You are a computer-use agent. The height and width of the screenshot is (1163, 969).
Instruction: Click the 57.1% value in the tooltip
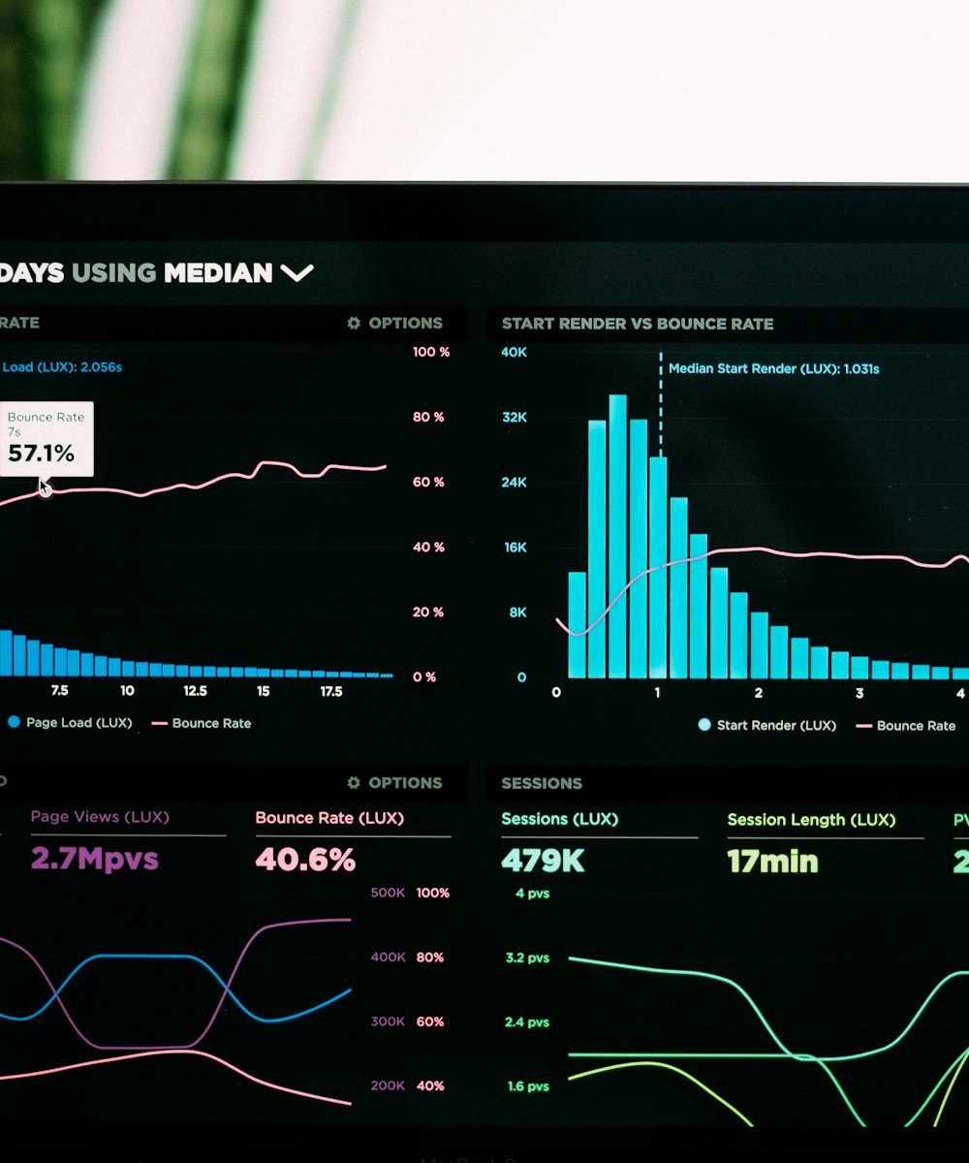pos(42,453)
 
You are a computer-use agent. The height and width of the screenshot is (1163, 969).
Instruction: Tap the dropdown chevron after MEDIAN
pos(297,273)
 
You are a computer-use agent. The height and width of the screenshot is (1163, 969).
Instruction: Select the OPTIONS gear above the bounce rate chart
pos(354,324)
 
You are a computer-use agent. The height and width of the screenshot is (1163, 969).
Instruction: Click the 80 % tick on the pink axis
pos(427,418)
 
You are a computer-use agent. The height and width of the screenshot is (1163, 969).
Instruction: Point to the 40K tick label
pos(514,353)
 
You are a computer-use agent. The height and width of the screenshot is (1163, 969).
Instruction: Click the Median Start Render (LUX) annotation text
pos(773,369)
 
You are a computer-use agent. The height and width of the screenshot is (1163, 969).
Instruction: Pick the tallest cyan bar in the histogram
pos(617,535)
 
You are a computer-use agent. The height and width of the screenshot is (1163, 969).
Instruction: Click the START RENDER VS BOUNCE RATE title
pos(637,324)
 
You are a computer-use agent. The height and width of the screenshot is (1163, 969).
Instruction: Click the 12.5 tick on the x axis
pos(196,691)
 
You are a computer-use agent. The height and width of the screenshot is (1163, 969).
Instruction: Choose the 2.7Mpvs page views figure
pos(94,859)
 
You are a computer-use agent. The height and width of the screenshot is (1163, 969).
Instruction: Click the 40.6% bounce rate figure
pos(305,860)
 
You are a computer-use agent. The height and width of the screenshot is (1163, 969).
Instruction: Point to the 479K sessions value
pos(543,861)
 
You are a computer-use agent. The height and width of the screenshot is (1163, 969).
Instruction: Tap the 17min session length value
pos(772,861)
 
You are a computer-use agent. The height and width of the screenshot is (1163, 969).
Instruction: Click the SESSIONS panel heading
pos(541,783)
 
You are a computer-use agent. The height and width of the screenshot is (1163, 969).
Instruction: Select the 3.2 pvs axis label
pos(527,958)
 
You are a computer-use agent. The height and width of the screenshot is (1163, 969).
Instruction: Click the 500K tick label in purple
pos(388,893)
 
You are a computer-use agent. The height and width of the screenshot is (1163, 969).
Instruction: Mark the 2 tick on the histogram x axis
pos(758,693)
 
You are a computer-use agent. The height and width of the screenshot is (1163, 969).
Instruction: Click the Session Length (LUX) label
pos(811,820)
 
